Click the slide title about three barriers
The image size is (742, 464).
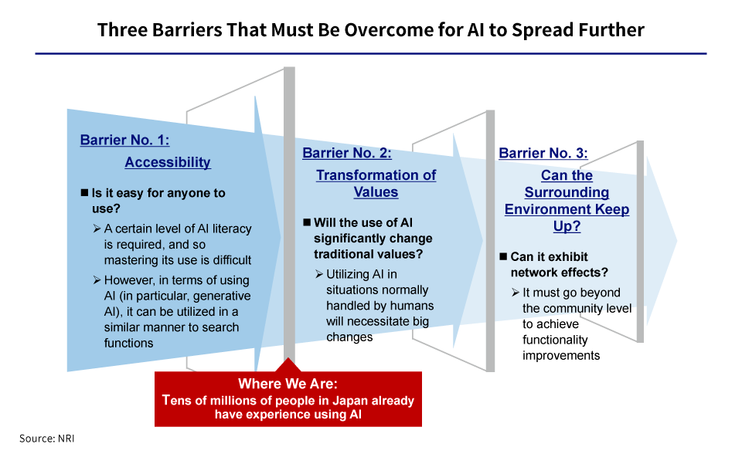click(x=370, y=30)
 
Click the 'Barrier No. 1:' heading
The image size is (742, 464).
click(x=124, y=140)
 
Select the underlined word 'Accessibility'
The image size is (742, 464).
click(x=168, y=162)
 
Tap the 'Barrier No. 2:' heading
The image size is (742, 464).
click(x=347, y=153)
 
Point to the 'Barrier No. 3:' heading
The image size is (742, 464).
click(x=543, y=153)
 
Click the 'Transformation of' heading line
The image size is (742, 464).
click(x=376, y=175)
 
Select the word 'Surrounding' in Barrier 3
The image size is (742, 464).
click(x=567, y=192)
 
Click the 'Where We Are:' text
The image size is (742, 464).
click(x=288, y=383)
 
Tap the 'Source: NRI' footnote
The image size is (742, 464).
click(x=47, y=439)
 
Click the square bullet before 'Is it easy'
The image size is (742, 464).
click(x=85, y=192)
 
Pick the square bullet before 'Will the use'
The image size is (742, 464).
click(x=307, y=222)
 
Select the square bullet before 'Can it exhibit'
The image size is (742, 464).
click(x=503, y=256)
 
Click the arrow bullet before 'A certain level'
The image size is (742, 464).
click(x=97, y=229)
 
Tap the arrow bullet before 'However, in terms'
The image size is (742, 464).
click(x=97, y=280)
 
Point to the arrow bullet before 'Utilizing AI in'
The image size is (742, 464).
click(x=319, y=274)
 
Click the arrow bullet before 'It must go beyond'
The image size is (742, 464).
click(x=516, y=293)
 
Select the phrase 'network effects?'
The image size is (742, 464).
click(x=559, y=273)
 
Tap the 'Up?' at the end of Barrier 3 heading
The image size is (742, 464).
click(x=567, y=226)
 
